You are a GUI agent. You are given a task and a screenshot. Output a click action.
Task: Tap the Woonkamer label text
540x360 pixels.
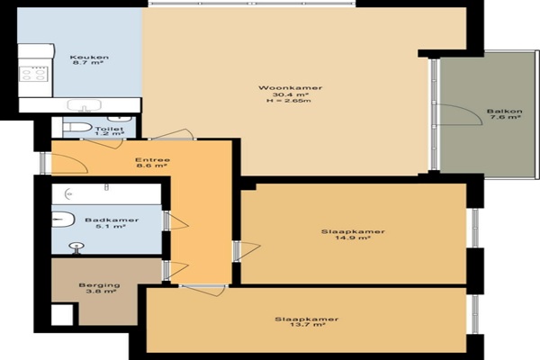[291, 88]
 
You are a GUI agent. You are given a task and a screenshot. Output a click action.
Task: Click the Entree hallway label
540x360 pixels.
[152, 160]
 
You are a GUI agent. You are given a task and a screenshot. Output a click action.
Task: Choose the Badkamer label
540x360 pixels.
[112, 220]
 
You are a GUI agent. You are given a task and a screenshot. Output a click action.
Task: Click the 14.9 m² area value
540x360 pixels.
[353, 238]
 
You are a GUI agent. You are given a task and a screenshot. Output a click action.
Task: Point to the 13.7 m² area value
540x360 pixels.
[308, 325]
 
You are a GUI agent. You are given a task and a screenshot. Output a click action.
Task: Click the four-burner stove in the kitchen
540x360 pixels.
[33, 75]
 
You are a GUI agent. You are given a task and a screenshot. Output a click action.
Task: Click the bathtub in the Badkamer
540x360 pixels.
[106, 194]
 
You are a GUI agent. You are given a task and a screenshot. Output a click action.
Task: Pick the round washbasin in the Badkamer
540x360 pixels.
[76, 247]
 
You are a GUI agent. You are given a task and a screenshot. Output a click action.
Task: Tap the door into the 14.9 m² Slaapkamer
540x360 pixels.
[247, 251]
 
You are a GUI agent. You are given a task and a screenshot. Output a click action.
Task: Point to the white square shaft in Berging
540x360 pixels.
[62, 314]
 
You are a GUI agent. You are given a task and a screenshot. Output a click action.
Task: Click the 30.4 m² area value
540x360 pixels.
[291, 94]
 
